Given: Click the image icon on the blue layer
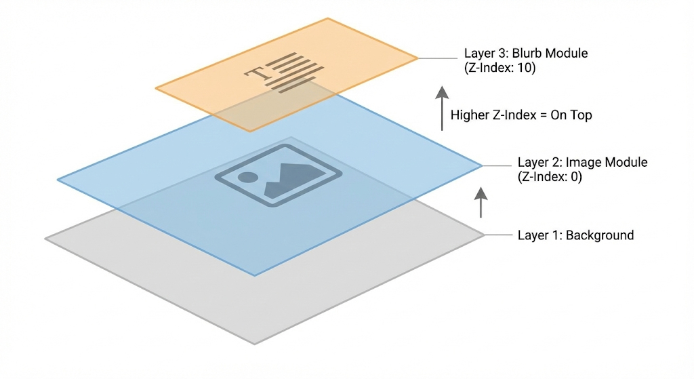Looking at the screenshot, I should (278, 174).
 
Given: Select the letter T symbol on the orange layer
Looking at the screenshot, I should (258, 73).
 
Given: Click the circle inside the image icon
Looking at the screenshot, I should (248, 178).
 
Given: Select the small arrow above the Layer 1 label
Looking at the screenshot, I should (481, 202).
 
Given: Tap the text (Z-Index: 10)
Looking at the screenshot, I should (499, 68).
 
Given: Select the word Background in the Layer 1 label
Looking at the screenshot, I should (600, 236).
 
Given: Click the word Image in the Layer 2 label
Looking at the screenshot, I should (584, 163).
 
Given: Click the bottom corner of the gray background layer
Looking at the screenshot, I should (254, 343).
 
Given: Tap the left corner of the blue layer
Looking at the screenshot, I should (59, 180).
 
